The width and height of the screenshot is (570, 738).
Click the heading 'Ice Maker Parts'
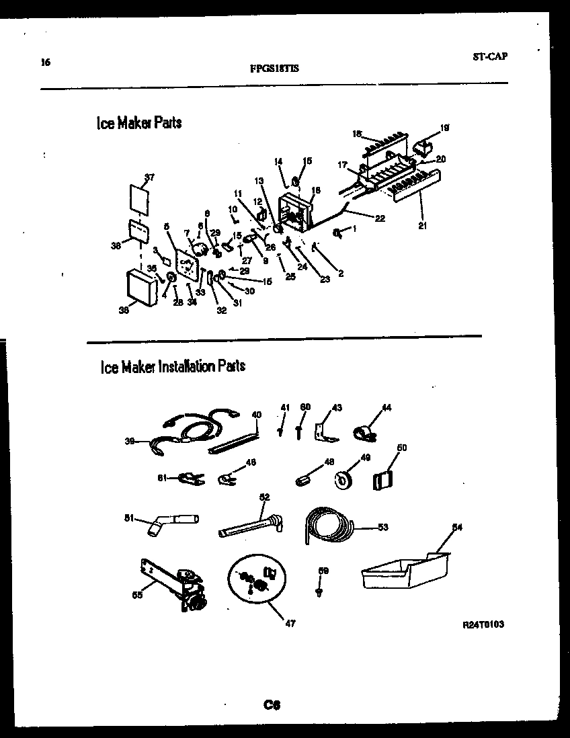pos(139,124)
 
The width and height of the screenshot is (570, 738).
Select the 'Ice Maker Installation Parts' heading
pos(173,366)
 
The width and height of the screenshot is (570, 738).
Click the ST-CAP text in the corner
pos(489,56)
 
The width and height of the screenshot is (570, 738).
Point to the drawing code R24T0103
pos(483,624)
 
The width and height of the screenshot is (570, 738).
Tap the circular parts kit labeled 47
pos(257,579)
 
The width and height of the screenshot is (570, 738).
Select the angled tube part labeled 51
pos(169,522)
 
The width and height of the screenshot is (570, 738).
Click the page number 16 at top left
pos(45,63)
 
